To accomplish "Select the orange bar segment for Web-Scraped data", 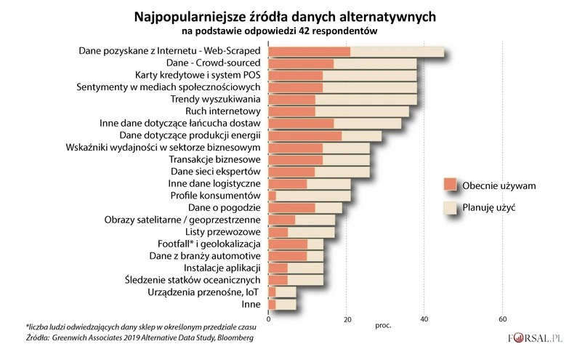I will [309, 51].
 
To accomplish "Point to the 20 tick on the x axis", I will [347, 319].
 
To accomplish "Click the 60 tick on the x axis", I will [502, 319].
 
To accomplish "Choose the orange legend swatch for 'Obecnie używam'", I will [450, 185].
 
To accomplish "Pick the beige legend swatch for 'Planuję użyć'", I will [450, 207].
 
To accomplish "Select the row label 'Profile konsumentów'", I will [215, 196].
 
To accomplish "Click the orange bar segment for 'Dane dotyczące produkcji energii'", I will [304, 135].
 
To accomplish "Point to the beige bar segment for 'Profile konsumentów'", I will [313, 196].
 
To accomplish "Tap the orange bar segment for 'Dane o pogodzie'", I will [291, 208].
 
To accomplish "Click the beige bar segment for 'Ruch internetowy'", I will [362, 111].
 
